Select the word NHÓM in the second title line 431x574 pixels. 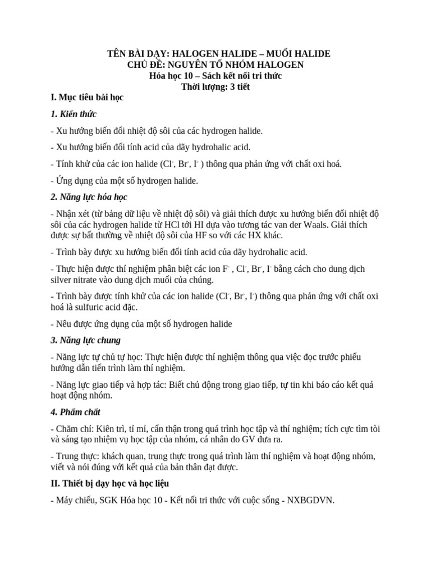tap(240, 64)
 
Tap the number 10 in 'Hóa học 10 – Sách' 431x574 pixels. tap(191, 76)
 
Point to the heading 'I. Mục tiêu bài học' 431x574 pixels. tap(86, 98)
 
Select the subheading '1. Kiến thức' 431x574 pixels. tap(74, 114)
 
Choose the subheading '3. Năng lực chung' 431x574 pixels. tap(85, 340)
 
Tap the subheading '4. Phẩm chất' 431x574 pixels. tap(75, 412)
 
